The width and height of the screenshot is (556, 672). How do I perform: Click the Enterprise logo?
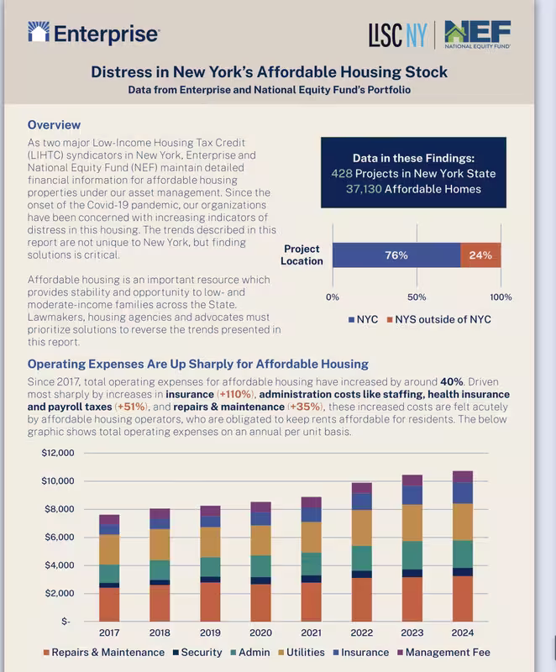[x=93, y=34]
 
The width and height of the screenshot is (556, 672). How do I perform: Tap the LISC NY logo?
[x=397, y=34]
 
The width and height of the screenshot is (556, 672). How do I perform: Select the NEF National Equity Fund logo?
[x=477, y=34]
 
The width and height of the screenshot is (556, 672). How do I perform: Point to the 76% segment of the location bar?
[x=396, y=255]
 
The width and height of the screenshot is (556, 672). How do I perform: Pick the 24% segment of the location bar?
[x=480, y=255]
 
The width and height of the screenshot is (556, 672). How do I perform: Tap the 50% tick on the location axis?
[x=417, y=297]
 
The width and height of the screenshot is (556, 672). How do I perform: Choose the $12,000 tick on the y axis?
[x=58, y=453]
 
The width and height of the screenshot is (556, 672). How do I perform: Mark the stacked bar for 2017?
[x=109, y=567]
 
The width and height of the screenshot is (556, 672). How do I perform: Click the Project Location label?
[x=303, y=255]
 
